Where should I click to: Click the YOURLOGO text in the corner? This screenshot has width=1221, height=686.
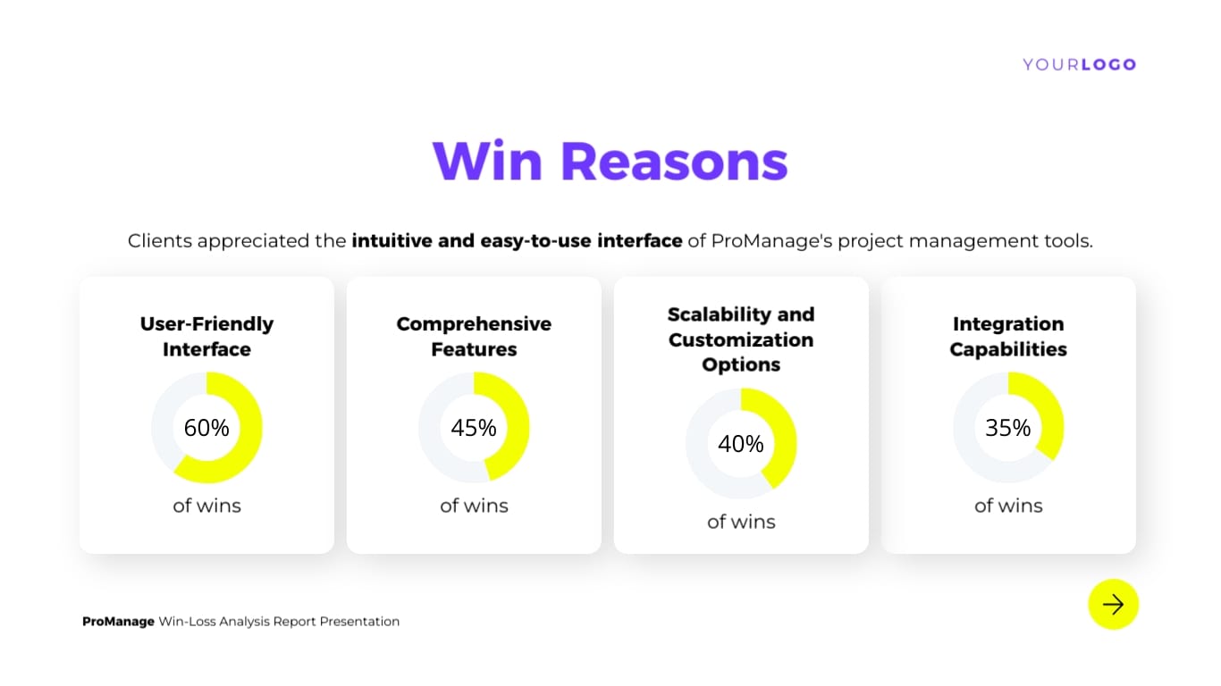(1079, 64)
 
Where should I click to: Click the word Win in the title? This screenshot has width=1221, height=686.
(486, 161)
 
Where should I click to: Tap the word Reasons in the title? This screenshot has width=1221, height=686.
(674, 161)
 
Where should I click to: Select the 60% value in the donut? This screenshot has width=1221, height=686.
(206, 428)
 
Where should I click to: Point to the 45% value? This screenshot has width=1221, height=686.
(474, 428)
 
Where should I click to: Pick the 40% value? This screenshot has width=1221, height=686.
(741, 444)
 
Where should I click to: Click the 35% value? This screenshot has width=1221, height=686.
(1008, 428)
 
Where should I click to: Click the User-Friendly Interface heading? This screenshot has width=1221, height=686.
(206, 337)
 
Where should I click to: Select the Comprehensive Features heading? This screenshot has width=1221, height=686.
(474, 337)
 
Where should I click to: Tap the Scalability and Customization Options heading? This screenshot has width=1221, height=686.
(741, 339)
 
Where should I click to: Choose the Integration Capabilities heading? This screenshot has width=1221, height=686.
(1008, 337)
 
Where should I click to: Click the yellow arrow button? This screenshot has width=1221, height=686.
(1113, 605)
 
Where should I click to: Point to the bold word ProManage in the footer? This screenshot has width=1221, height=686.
(118, 622)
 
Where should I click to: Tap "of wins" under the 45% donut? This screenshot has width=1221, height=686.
(474, 506)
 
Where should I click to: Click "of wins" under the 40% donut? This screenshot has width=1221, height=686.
(741, 522)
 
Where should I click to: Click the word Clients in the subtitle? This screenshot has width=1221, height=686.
(159, 241)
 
